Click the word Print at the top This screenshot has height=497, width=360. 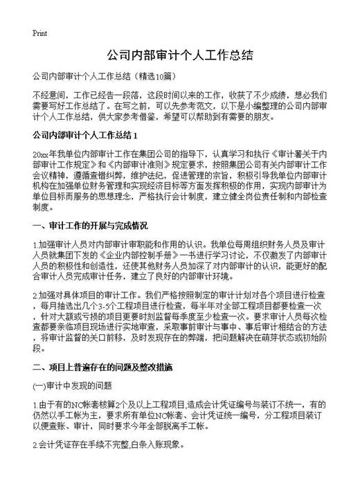[x=39, y=33]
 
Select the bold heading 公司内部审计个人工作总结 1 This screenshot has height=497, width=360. [x=86, y=135]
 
